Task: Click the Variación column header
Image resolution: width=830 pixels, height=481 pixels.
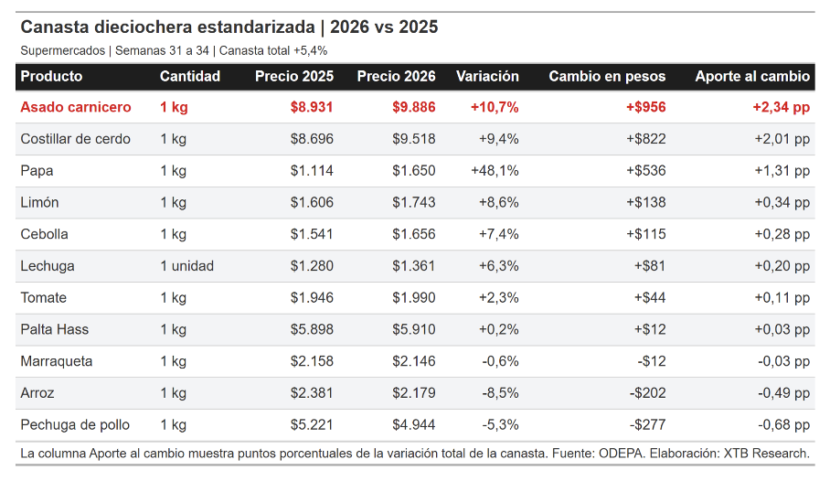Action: [487, 76]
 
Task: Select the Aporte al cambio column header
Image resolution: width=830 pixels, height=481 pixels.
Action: [752, 76]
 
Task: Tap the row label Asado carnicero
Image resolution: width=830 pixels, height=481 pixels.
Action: [76, 107]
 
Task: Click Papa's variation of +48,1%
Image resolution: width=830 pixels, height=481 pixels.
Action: [495, 171]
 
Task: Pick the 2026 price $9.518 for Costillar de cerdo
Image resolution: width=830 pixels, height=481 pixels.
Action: [414, 139]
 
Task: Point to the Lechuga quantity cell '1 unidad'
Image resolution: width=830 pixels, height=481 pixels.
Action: [186, 266]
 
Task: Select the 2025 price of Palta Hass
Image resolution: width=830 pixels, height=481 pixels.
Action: [312, 329]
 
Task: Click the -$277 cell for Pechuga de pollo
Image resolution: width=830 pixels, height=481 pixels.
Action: [647, 425]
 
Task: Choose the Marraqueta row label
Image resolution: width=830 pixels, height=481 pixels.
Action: [57, 361]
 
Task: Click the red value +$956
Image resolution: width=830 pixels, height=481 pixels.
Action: [645, 107]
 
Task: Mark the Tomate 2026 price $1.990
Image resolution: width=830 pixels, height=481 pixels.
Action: [414, 298]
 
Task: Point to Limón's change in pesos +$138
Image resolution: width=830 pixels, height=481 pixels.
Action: [645, 202]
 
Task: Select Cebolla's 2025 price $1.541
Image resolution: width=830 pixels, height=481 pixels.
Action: [312, 234]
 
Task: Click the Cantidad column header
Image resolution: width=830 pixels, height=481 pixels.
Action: [190, 76]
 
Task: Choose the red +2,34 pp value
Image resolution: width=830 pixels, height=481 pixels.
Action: [782, 107]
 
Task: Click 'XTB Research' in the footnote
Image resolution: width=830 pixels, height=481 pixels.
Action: [766, 454]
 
